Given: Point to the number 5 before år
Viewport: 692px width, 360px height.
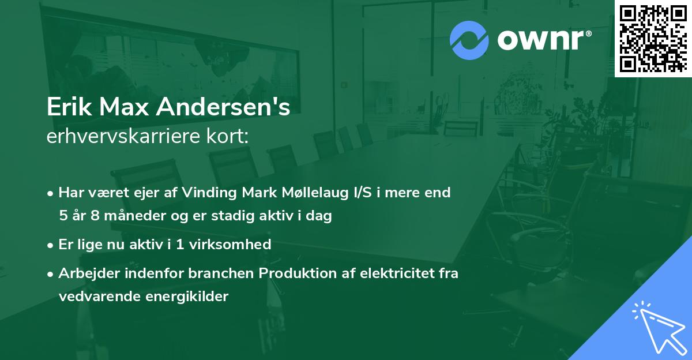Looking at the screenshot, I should coord(62,216).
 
